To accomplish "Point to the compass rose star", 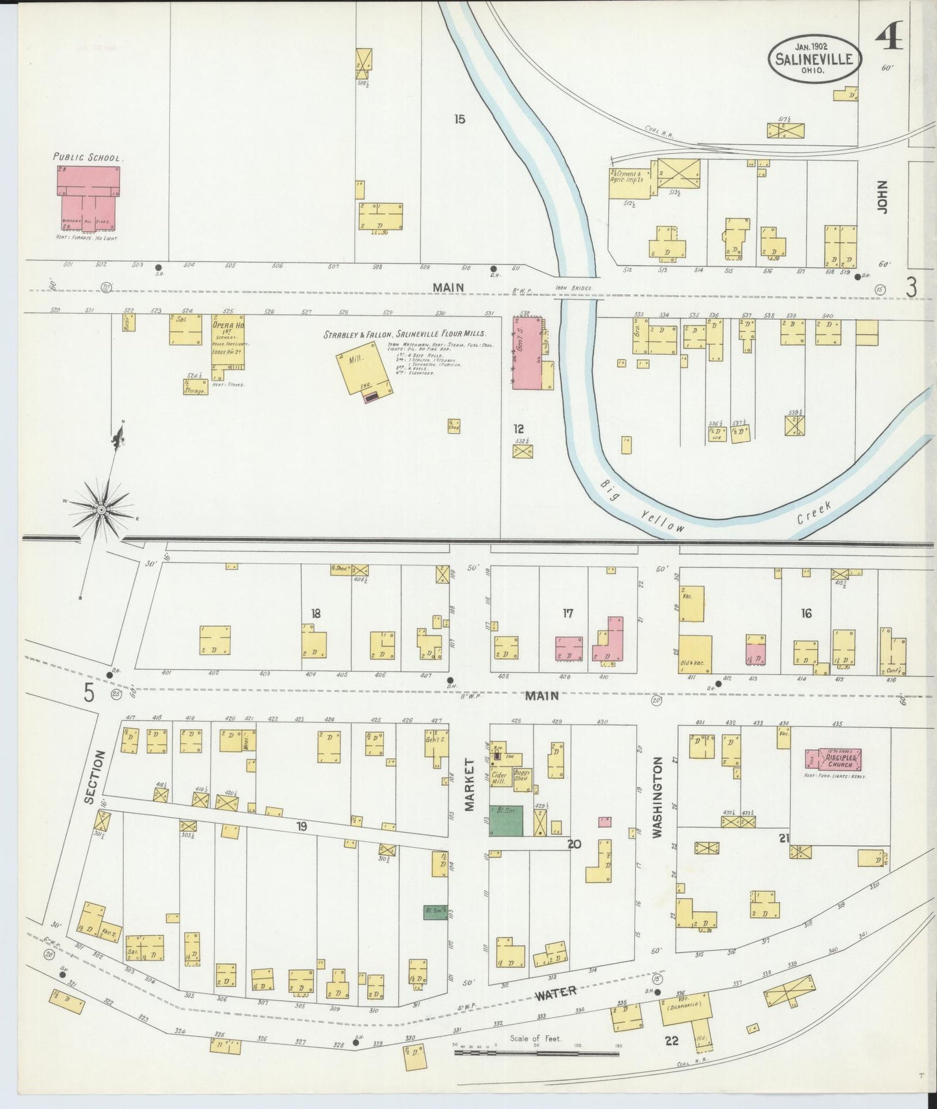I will tap(101, 510).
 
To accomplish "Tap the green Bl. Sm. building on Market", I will tap(506, 820).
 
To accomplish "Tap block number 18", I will tap(316, 613).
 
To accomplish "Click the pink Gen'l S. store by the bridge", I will tap(527, 353).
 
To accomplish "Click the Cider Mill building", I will tap(499, 778).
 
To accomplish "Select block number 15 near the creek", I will tap(460, 119).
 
